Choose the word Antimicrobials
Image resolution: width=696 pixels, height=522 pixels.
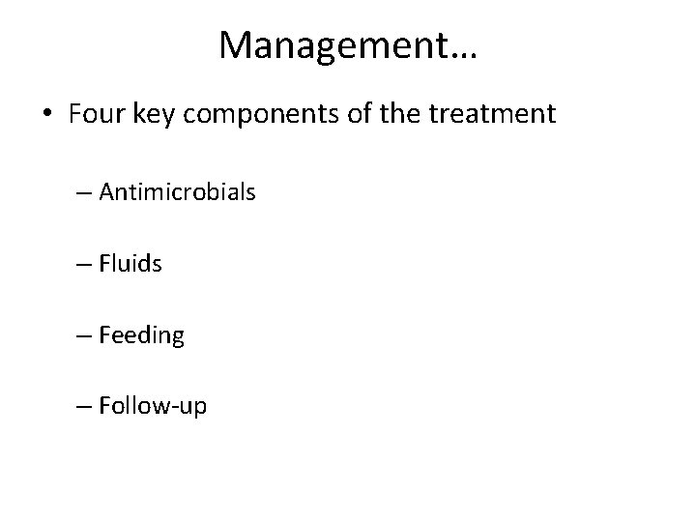(x=177, y=192)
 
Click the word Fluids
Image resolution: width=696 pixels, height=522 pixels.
(x=130, y=263)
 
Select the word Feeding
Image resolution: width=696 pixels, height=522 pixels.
(x=141, y=335)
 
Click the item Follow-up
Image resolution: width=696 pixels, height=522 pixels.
(x=153, y=407)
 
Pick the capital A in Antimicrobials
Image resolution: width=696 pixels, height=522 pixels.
(x=106, y=192)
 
